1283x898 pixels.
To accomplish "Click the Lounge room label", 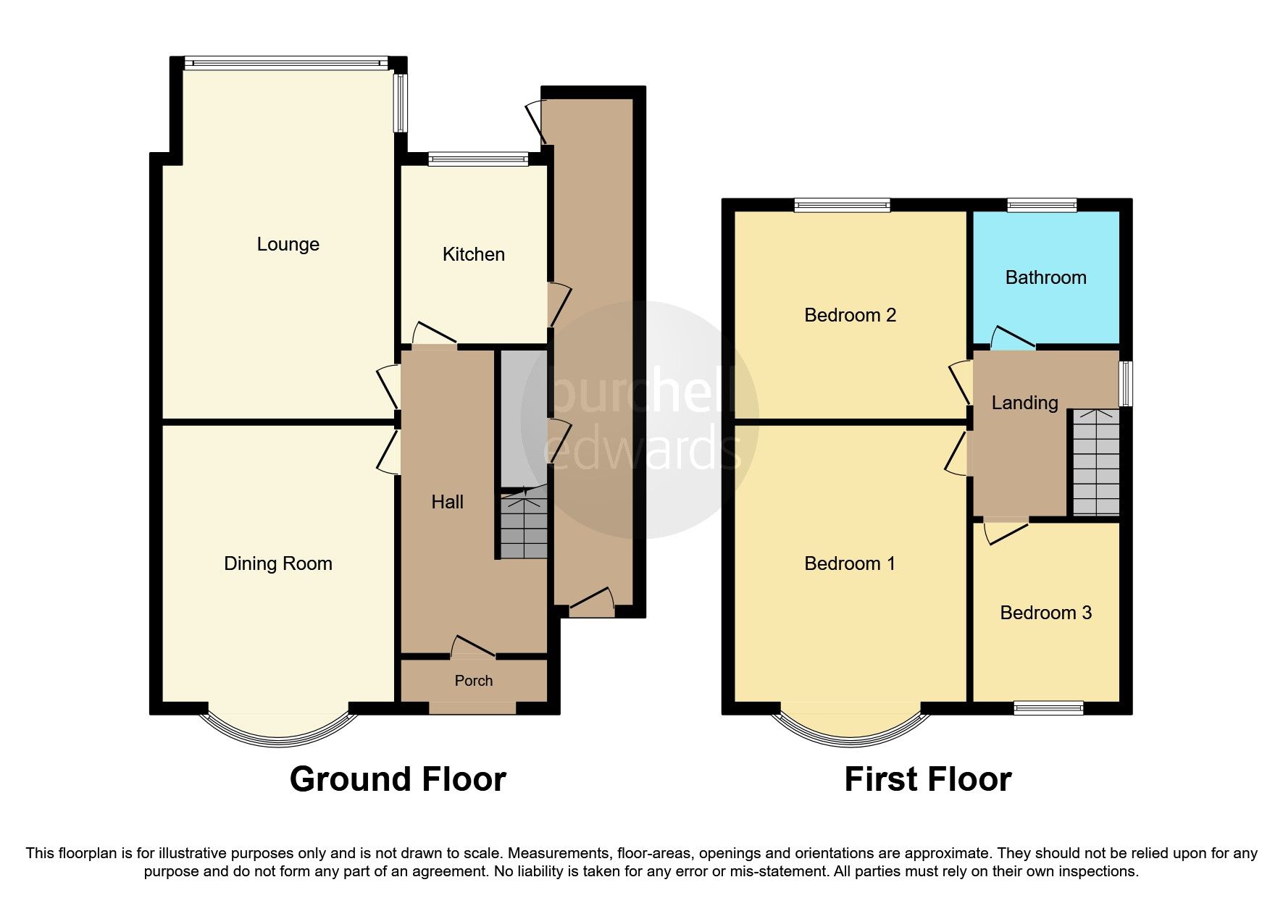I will (x=288, y=244).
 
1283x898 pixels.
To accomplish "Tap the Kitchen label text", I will (x=473, y=254).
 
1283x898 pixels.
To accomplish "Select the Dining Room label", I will (x=277, y=563).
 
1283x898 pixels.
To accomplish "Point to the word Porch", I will (x=473, y=681).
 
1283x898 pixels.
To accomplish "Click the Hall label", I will (x=447, y=502).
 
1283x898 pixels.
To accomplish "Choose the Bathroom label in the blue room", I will (x=1045, y=277).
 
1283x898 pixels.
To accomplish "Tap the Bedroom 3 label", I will (x=1045, y=613).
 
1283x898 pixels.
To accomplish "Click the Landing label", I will (x=1024, y=403).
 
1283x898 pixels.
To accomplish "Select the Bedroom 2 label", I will (x=850, y=315).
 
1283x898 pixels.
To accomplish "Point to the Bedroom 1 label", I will (x=850, y=563).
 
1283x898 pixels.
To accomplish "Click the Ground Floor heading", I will (x=398, y=780).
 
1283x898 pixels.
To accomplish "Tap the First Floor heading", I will (x=927, y=780).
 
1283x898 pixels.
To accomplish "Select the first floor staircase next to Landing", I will (x=1095, y=463).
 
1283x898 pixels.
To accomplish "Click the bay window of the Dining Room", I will (x=279, y=729).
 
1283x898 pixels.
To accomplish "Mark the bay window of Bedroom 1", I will (x=851, y=729).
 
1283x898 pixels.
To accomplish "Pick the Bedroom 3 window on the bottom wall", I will (x=1048, y=708).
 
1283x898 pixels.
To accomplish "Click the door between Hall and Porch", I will (x=473, y=647).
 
